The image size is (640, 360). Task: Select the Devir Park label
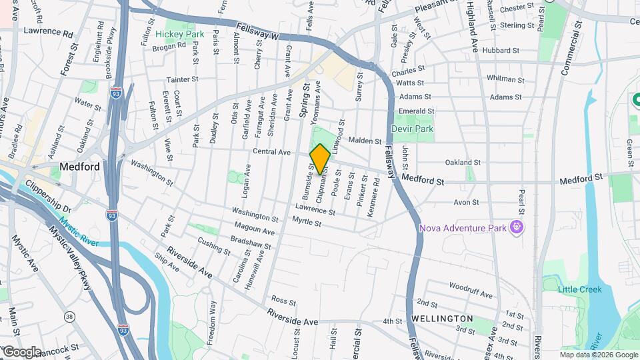413,129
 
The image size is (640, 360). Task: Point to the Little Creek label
580,289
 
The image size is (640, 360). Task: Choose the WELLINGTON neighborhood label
442,319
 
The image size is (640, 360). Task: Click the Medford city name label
79,167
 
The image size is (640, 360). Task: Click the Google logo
21,351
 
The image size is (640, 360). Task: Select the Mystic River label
78,232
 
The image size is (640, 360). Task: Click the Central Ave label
271,152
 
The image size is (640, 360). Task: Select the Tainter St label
183,79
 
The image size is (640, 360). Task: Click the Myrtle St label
307,221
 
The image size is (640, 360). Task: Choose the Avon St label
466,202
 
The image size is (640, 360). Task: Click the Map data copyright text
598,354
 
